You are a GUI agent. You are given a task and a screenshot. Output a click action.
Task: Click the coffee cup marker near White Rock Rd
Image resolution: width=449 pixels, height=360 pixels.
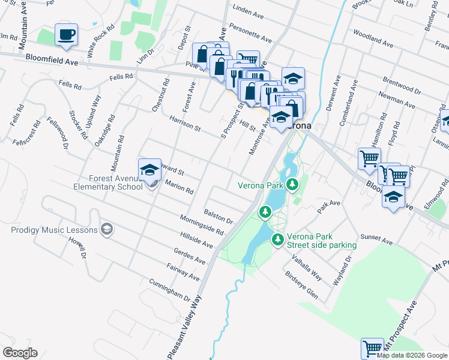click(66, 35)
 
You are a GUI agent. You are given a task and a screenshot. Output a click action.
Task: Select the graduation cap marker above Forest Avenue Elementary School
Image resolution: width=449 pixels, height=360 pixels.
click(149, 170)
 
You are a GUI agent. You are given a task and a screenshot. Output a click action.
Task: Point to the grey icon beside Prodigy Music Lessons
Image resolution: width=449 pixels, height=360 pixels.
click(107, 229)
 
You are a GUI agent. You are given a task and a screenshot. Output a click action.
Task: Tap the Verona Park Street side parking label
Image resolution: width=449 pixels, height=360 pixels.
click(321, 241)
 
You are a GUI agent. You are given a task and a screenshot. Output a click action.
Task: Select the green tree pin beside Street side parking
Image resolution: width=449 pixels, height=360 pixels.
click(278, 239)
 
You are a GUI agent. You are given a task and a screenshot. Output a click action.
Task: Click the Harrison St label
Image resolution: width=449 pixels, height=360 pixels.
click(184, 124)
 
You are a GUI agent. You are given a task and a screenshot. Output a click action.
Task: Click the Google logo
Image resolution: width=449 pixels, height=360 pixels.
click(20, 353)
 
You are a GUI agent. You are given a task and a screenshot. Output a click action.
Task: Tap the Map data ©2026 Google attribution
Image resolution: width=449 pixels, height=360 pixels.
click(412, 355)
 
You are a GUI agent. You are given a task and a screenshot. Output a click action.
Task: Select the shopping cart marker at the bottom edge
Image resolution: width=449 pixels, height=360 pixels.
click(372, 348)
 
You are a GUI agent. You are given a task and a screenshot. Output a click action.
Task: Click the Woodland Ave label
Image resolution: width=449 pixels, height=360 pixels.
click(373, 38)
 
